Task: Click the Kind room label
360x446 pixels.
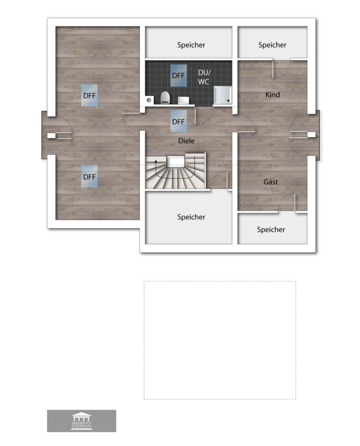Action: point(272,95)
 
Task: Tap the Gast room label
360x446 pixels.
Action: point(270,182)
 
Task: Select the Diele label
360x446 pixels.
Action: point(186,141)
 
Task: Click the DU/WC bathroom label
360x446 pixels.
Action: point(204,77)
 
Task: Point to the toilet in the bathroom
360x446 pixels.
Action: point(165,97)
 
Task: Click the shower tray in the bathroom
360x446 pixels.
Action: point(223,95)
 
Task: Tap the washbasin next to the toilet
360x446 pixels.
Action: point(183,100)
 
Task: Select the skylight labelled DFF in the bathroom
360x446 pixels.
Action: point(179,75)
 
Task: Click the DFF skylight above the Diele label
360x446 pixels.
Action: point(179,121)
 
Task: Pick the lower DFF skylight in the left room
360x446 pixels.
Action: point(89,176)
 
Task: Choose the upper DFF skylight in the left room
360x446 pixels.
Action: point(89,95)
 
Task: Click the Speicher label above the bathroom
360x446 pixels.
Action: point(191,45)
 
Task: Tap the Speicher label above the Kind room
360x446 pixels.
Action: point(272,45)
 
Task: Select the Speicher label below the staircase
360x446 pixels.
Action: point(191,217)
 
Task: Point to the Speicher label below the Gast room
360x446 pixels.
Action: point(271,229)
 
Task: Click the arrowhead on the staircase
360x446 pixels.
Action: point(156,161)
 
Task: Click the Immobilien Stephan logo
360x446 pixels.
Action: point(81,421)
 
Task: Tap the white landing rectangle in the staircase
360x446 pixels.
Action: point(176,161)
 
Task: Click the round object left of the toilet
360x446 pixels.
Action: point(149,100)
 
